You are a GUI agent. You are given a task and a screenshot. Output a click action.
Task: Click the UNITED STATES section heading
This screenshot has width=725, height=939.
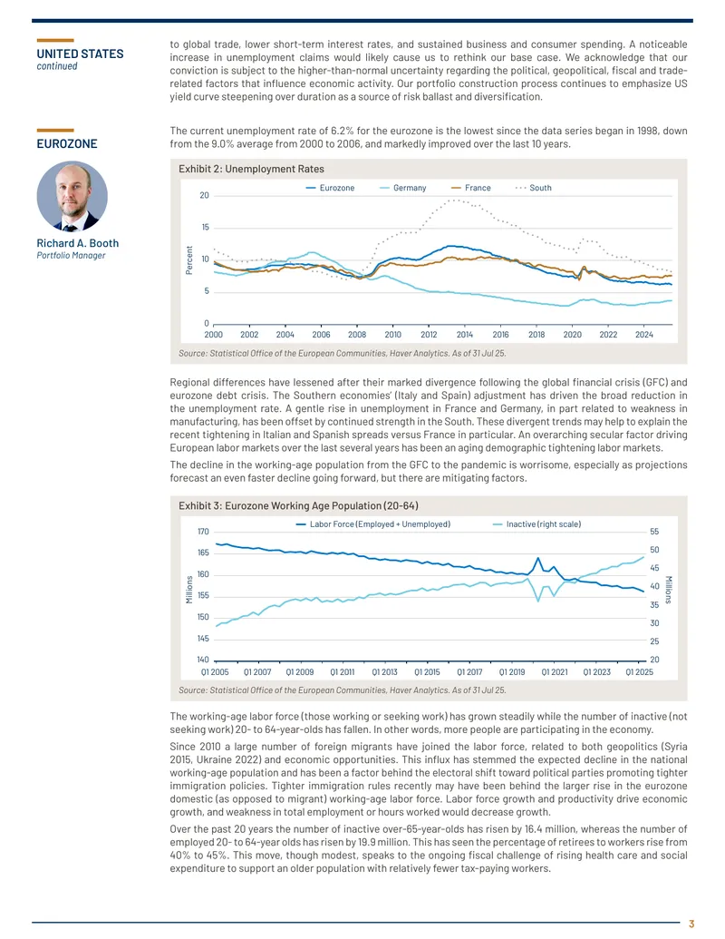click(x=80, y=54)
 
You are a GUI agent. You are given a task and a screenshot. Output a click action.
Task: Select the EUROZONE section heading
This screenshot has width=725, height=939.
click(x=67, y=143)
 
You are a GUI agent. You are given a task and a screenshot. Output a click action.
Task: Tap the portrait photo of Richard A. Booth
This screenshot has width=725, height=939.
click(x=72, y=196)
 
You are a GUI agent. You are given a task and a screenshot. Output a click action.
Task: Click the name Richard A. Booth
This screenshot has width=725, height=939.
click(x=78, y=243)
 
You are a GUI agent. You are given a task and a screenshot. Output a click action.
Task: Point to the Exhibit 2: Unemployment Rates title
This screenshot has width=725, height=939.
click(x=251, y=169)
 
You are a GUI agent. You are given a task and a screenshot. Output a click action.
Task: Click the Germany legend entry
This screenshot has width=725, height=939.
click(x=403, y=188)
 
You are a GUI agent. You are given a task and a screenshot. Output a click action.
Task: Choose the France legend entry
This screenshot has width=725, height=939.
click(x=470, y=188)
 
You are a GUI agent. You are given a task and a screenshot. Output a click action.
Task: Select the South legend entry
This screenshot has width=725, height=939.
click(x=534, y=188)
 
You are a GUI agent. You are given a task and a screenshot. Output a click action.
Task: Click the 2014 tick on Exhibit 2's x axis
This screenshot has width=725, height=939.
click(x=465, y=335)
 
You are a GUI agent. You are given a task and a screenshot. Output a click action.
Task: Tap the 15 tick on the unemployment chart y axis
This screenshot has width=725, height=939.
click(x=205, y=228)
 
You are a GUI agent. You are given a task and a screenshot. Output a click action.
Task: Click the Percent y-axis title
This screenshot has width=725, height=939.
click(x=189, y=260)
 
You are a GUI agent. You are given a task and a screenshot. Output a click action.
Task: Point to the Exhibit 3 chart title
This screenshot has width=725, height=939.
click(x=298, y=506)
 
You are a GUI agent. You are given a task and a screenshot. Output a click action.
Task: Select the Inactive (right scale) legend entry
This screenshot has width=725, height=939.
click(x=536, y=524)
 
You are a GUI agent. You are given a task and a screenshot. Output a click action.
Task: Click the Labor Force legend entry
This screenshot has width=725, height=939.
click(x=373, y=524)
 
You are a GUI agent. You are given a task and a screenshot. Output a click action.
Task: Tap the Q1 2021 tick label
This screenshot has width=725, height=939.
click(x=555, y=672)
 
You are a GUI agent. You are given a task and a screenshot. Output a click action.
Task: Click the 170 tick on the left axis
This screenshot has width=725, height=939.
click(x=203, y=532)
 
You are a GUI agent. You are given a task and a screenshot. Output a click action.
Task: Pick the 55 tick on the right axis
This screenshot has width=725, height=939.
click(x=654, y=532)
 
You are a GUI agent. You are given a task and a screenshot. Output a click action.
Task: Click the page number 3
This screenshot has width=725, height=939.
click(x=691, y=924)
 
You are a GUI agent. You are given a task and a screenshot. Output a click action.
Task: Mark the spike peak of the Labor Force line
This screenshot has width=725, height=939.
click(x=537, y=558)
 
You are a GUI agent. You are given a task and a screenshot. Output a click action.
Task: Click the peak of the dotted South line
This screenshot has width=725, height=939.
click(x=456, y=200)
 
